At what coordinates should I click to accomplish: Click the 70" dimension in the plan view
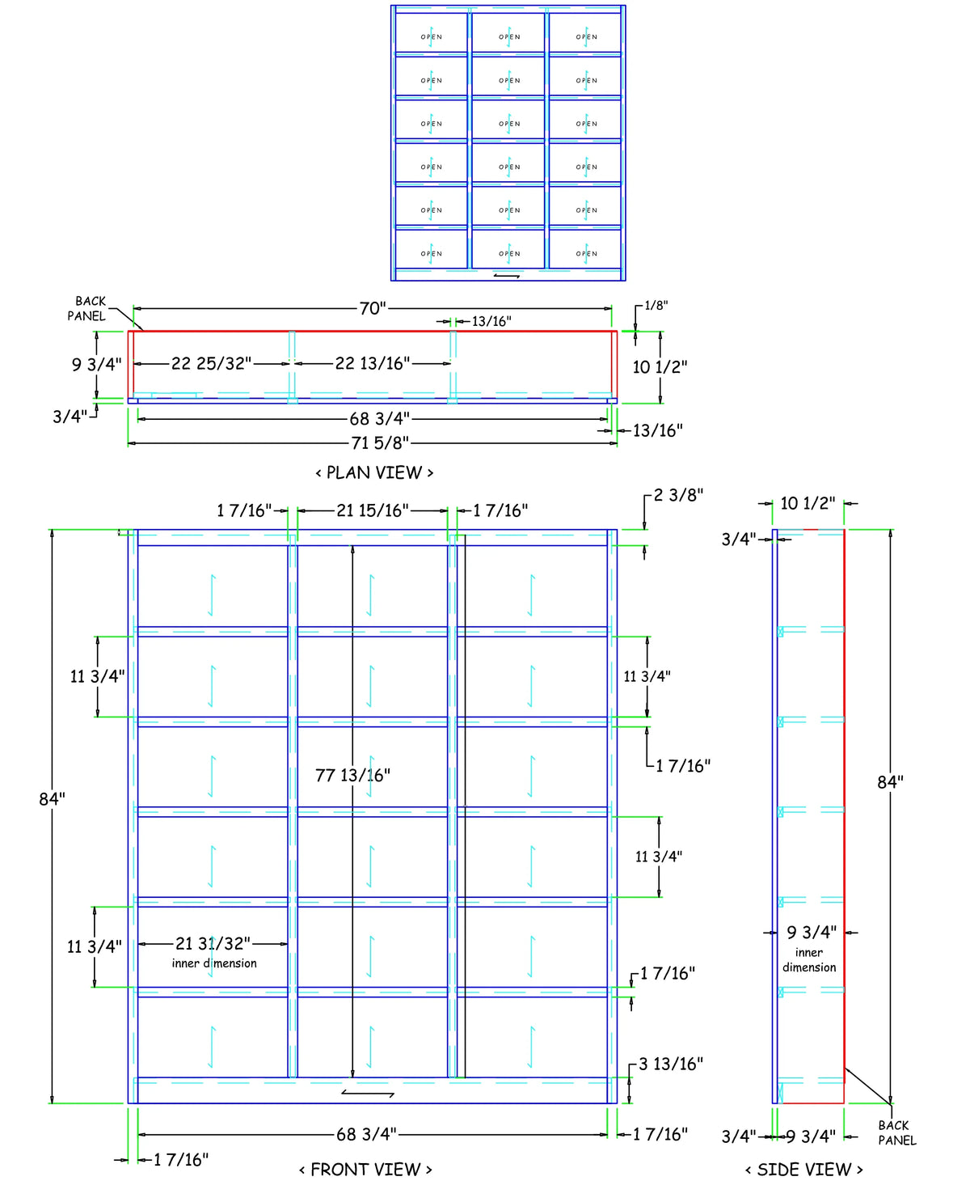(x=373, y=308)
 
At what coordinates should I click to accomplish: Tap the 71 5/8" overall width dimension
(x=380, y=442)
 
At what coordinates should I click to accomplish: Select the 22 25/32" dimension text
(x=211, y=363)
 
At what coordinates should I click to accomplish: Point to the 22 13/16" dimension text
(x=373, y=363)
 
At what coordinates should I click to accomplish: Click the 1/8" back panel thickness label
(x=656, y=305)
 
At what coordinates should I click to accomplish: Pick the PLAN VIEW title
(x=374, y=472)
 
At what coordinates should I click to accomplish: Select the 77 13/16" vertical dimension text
(x=352, y=776)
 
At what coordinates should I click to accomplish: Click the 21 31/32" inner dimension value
(x=213, y=943)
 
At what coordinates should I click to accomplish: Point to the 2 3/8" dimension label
(x=678, y=495)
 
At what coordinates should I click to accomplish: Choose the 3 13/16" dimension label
(x=671, y=1064)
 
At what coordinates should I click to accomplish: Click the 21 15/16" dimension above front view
(x=373, y=510)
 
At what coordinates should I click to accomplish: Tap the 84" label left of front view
(x=53, y=798)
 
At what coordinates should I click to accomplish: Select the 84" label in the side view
(x=890, y=781)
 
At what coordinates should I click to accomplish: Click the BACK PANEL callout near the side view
(x=896, y=1132)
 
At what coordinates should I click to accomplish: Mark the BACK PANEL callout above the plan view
(x=87, y=308)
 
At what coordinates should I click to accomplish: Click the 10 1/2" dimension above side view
(x=808, y=503)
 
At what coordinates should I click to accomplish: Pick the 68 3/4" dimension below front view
(x=366, y=1134)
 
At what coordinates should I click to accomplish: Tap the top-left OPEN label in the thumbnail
(x=432, y=37)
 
